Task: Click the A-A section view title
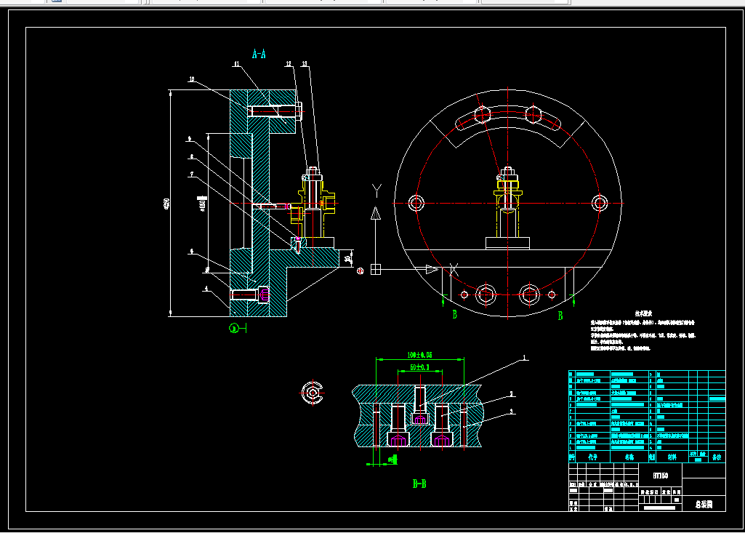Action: pyautogui.click(x=259, y=54)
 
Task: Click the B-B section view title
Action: pyautogui.click(x=419, y=484)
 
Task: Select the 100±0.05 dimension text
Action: pyautogui.click(x=420, y=355)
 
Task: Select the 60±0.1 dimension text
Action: pyautogui.click(x=420, y=367)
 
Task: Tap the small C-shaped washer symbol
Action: pyautogui.click(x=313, y=393)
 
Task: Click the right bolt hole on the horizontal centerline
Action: pyautogui.click(x=599, y=202)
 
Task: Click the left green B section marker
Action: pyautogui.click(x=455, y=316)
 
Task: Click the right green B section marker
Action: pyautogui.click(x=560, y=316)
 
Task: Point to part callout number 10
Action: pyautogui.click(x=191, y=79)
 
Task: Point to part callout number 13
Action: pyautogui.click(x=304, y=65)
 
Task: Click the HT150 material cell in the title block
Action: pyautogui.click(x=661, y=475)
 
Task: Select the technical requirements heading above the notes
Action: pyautogui.click(x=643, y=313)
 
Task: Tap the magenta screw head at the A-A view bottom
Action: pyautogui.click(x=264, y=294)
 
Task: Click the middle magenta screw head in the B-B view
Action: pyautogui.click(x=419, y=419)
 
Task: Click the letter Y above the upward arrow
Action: pyautogui.click(x=376, y=191)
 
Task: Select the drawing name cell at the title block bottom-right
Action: pyautogui.click(x=704, y=504)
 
